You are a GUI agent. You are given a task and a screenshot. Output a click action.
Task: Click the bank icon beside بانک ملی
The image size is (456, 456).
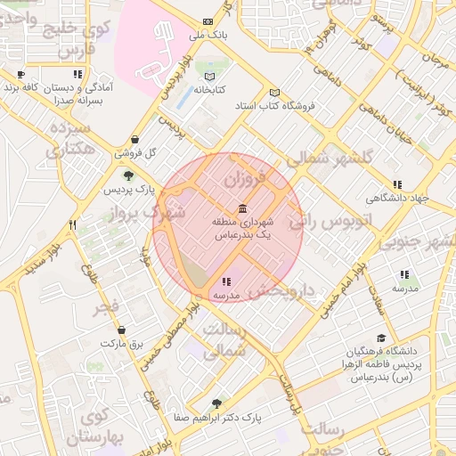(208, 21)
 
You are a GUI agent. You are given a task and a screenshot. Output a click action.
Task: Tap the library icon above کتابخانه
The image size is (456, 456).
(209, 76)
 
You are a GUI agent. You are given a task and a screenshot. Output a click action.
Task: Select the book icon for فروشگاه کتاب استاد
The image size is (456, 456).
(274, 93)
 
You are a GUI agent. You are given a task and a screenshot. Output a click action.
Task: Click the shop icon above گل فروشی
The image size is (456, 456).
(134, 139)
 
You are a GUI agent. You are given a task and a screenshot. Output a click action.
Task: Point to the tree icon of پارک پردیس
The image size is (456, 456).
(130, 175)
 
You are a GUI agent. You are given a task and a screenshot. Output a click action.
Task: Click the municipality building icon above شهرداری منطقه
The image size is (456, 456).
(243, 208)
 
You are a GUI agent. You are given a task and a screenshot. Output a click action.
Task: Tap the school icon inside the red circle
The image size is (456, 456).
(225, 281)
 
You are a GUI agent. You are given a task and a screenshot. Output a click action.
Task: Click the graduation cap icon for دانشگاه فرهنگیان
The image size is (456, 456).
(382, 338)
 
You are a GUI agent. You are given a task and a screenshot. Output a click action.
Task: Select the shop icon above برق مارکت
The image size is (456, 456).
(122, 329)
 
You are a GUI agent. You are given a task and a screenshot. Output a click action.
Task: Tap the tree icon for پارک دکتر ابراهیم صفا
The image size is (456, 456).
(216, 403)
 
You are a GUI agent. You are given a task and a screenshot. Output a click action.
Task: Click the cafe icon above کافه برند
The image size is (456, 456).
(21, 75)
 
